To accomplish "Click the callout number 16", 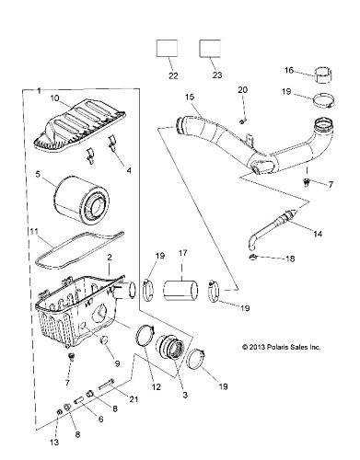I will pos(288,69).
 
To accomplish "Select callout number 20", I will pos(243,89).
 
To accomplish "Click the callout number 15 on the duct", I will pos(190,97).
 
